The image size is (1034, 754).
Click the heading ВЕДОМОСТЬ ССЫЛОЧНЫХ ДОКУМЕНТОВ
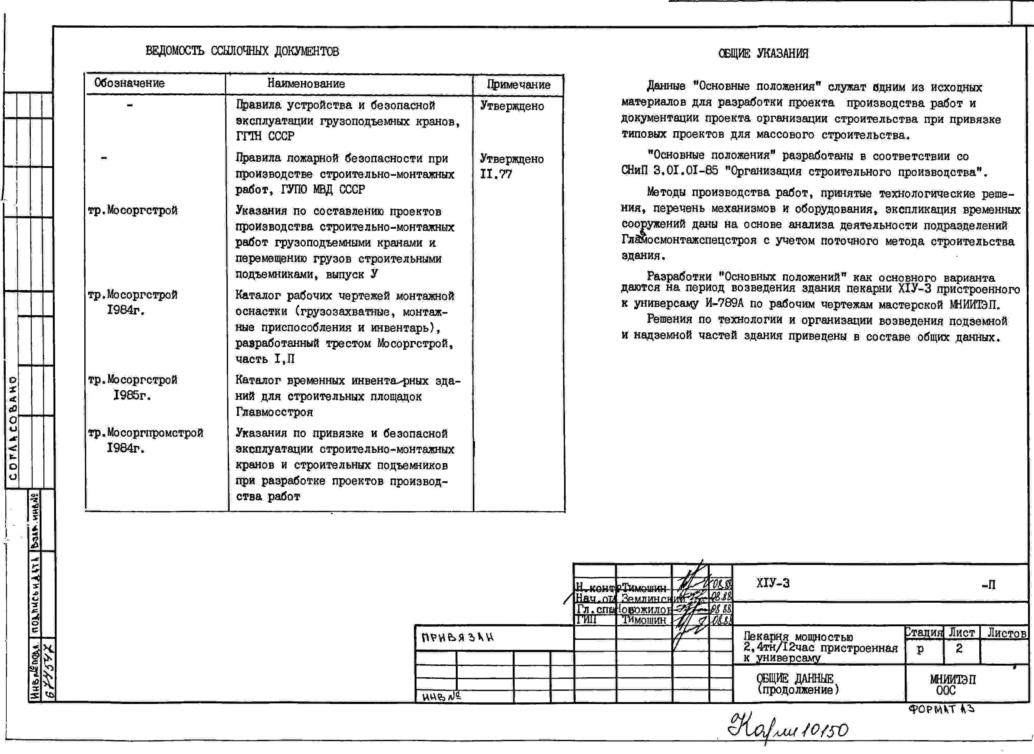242,51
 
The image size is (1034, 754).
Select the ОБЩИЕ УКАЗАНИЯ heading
763,54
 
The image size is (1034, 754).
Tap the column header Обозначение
129,83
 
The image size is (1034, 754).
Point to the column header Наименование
306,84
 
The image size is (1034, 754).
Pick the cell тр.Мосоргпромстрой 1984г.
145,440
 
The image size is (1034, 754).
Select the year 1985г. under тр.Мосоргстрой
132,395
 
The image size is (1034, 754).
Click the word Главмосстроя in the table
274,412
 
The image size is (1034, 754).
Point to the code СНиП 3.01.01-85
669,171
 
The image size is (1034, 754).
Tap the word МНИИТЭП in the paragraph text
974,304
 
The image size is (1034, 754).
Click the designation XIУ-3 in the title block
773,583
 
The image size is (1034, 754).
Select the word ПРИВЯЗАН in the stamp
457,638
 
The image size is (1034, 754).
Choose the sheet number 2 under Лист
959,649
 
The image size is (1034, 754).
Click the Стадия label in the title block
924,633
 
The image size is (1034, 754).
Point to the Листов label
1007,633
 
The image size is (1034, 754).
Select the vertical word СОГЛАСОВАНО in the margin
13,428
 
